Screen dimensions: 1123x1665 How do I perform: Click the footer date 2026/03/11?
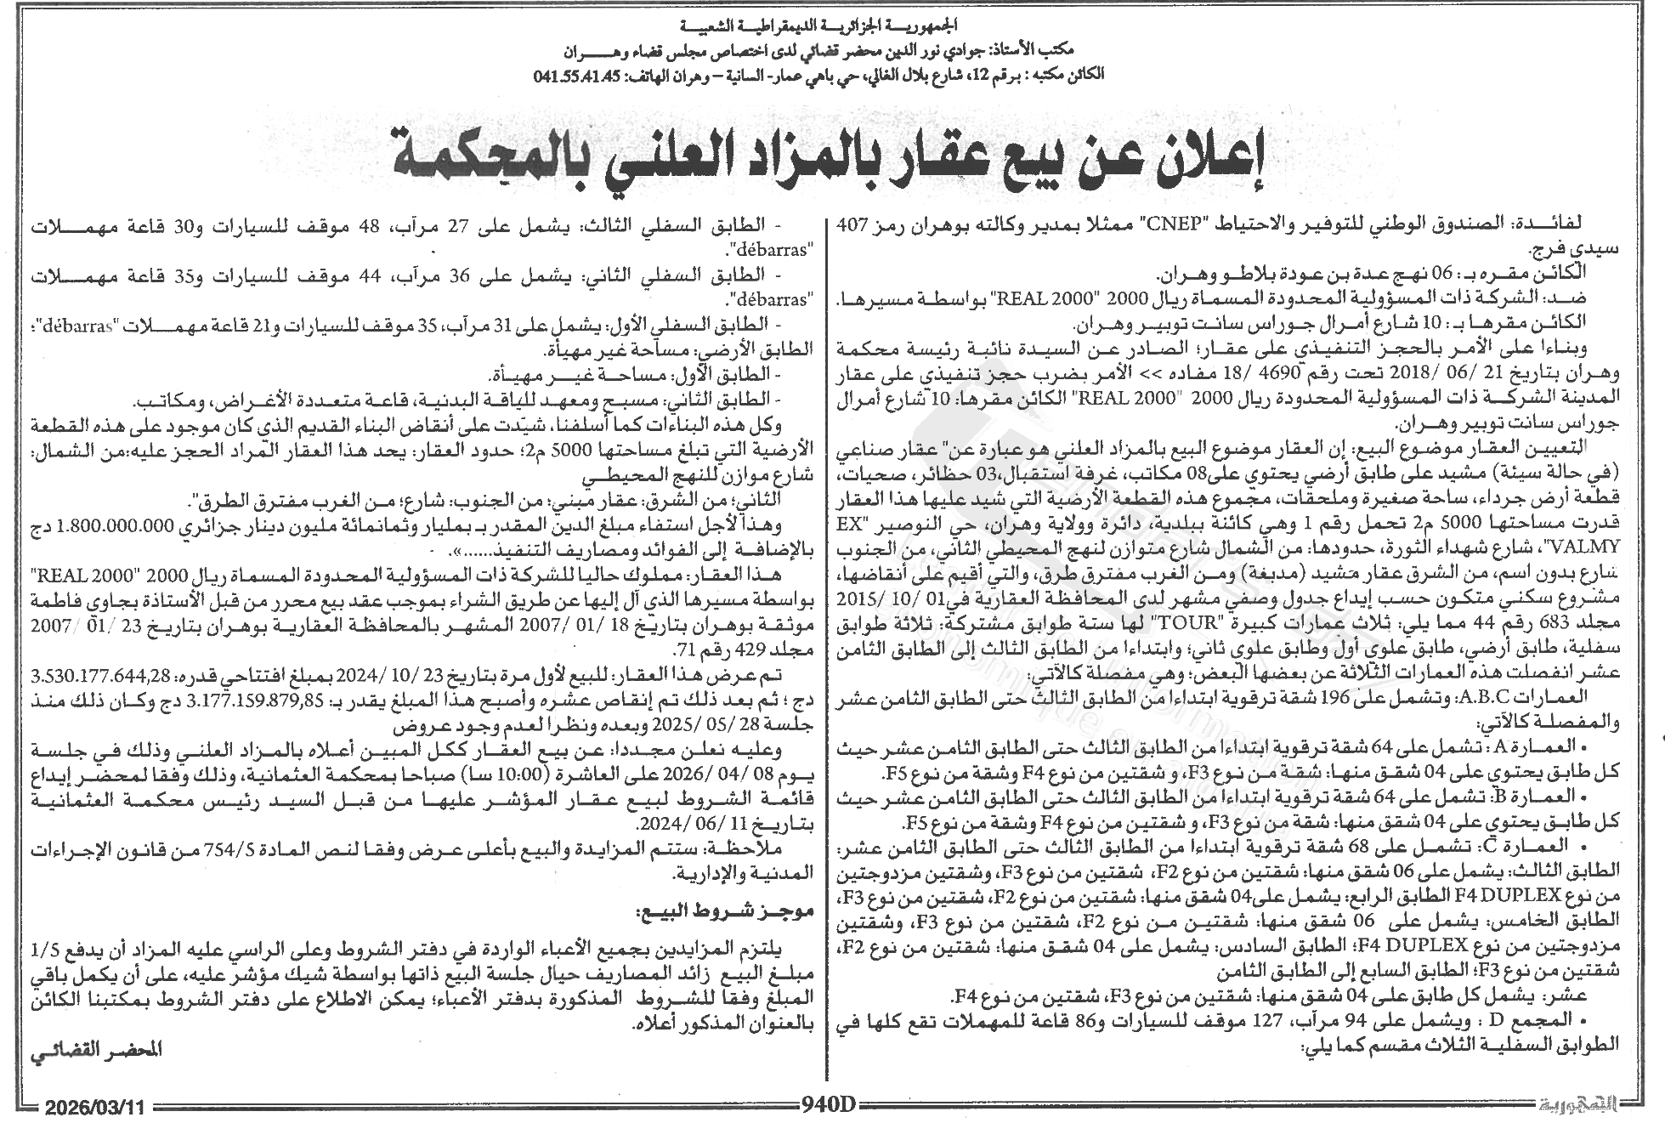click(x=96, y=1107)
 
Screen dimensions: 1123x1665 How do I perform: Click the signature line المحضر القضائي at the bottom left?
click(x=95, y=1050)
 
